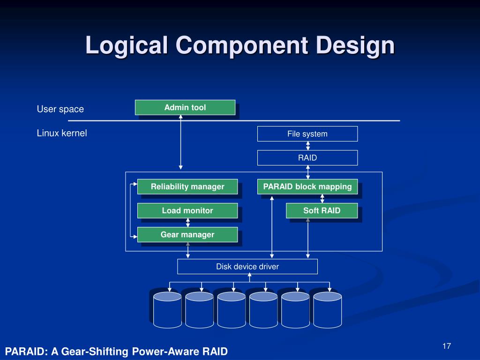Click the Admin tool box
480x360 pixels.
185,107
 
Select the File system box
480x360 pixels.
307,134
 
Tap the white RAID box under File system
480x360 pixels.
307,157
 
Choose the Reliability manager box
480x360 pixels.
187,187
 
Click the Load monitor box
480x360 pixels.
187,210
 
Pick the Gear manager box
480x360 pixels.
187,234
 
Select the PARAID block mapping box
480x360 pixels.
307,187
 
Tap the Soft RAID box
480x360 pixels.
322,210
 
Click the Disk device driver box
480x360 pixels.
247,266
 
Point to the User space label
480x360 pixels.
60,109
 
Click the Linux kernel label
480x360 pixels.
62,133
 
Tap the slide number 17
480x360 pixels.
446,346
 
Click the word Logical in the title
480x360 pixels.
127,46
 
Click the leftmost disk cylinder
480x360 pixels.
167,309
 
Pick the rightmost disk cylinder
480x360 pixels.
327,309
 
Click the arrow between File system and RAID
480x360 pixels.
308,145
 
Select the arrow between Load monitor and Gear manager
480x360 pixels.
188,223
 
